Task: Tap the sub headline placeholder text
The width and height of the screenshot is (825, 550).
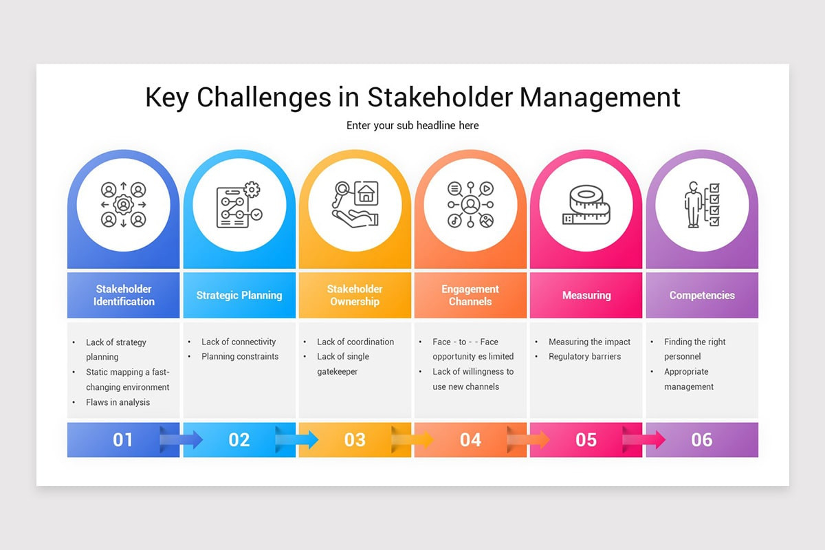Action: tap(412, 125)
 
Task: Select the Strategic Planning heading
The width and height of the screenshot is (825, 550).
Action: tap(239, 296)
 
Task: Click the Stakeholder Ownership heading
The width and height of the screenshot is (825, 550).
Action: tap(355, 296)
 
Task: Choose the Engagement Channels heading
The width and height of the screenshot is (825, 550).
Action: tap(470, 296)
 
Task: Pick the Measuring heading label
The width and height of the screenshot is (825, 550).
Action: tap(586, 296)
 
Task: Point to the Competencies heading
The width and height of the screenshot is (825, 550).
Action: tap(702, 296)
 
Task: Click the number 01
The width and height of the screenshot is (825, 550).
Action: tap(123, 440)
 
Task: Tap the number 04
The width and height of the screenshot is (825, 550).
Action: tap(470, 440)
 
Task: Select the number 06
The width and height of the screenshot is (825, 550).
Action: tap(702, 440)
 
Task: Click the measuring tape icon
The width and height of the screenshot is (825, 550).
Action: tap(586, 205)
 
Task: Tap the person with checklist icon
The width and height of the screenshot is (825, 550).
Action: tap(702, 205)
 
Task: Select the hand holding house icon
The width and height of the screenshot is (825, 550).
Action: tap(355, 205)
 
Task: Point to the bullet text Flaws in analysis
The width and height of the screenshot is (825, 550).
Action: tap(118, 402)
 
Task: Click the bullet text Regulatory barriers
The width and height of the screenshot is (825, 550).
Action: tap(584, 357)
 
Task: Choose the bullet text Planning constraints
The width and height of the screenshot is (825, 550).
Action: tap(240, 357)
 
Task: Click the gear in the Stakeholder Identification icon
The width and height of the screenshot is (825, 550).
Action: tap(124, 204)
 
